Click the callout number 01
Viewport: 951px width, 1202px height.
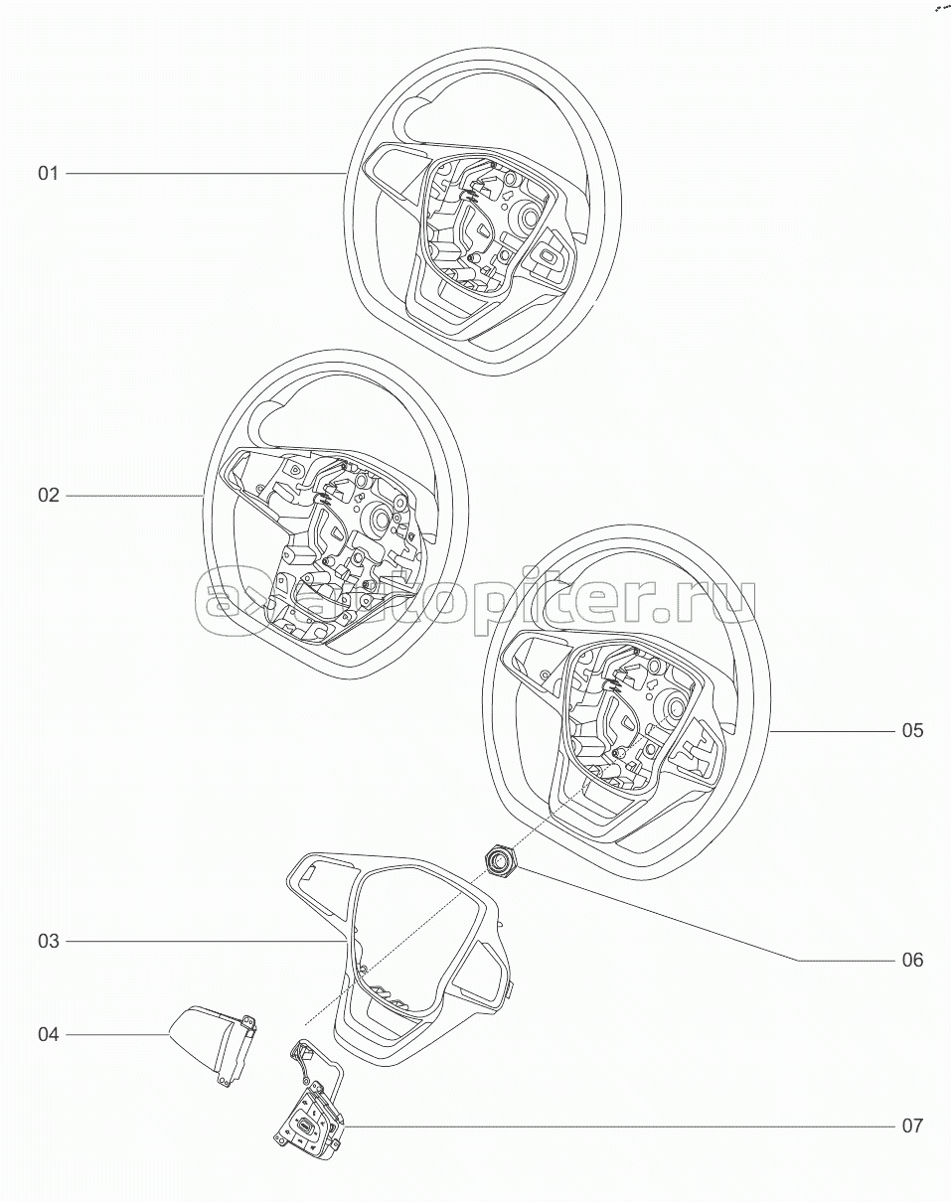click(48, 174)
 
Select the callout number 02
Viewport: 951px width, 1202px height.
click(48, 495)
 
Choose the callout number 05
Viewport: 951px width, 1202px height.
click(913, 730)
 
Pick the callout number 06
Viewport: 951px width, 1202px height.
click(913, 961)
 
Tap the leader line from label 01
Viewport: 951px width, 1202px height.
click(206, 174)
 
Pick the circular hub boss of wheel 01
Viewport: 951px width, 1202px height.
click(528, 215)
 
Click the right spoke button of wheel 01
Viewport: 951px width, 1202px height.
click(549, 256)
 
